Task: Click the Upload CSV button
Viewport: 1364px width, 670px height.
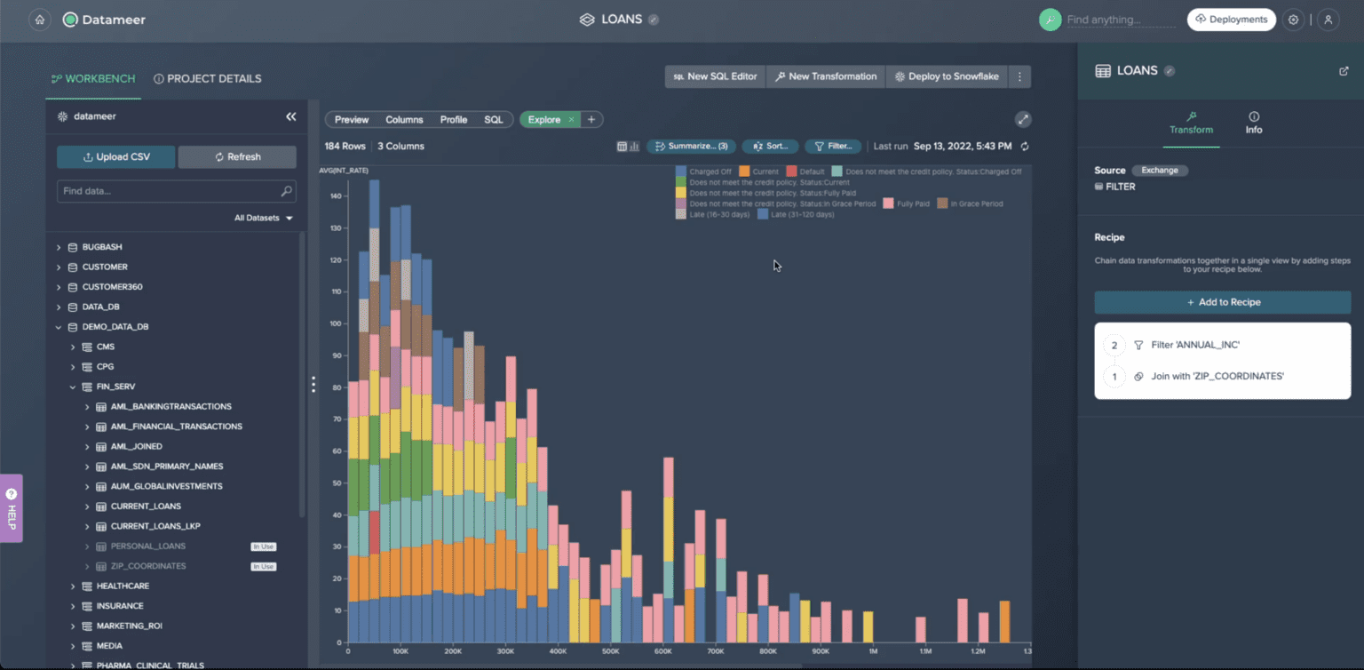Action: pos(116,157)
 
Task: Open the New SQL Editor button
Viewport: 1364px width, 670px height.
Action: pos(715,76)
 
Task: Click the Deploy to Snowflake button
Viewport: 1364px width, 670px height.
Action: pos(947,76)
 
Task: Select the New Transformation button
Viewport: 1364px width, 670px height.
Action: pos(826,76)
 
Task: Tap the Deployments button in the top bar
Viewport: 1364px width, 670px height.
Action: pos(1231,20)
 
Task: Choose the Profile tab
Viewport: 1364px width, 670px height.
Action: pos(453,120)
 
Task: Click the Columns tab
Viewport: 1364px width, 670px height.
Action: pos(404,120)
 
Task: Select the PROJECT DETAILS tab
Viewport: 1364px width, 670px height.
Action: pos(208,79)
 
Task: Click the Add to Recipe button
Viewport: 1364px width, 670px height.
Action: pos(1222,302)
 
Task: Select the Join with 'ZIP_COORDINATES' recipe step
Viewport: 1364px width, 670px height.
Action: pos(1217,377)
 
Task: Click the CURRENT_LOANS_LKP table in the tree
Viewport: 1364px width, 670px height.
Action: pos(155,526)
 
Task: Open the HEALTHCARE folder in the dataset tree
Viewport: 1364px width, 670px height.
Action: pos(123,586)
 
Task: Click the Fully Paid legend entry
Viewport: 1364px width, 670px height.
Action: pos(912,203)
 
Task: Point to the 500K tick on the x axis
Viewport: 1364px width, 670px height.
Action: pos(611,651)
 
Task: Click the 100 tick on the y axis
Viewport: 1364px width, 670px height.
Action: pos(336,323)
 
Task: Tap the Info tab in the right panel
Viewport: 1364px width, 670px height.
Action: pos(1253,124)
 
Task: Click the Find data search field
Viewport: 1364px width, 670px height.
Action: pos(169,191)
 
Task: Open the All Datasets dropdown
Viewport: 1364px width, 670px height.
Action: pos(263,218)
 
